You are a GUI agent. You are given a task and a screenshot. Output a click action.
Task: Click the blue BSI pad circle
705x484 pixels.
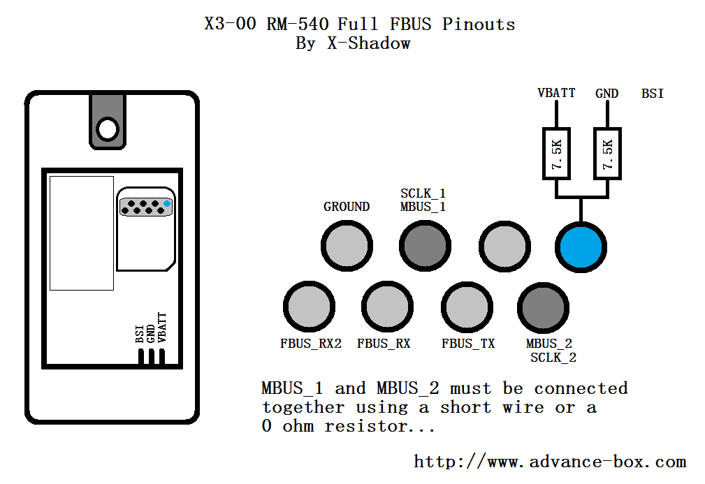click(581, 247)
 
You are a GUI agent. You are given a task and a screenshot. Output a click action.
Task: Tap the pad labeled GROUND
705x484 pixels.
click(347, 246)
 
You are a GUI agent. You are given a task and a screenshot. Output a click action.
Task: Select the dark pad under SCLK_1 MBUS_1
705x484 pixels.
click(425, 246)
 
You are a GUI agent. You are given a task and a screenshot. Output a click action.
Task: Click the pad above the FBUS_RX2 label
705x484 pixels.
click(309, 307)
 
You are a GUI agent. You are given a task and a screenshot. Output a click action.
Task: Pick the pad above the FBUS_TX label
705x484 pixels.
click(467, 307)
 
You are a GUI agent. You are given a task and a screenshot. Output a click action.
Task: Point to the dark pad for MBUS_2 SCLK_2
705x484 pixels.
click(543, 308)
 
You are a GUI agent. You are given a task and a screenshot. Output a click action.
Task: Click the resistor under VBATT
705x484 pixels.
click(557, 153)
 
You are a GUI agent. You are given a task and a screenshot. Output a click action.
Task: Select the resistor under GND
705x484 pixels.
click(607, 153)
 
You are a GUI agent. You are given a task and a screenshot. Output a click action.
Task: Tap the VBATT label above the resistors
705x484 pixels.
click(556, 93)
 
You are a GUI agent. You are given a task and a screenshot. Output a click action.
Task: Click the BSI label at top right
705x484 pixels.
click(653, 93)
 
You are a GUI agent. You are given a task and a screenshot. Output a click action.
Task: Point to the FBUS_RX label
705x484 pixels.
click(384, 344)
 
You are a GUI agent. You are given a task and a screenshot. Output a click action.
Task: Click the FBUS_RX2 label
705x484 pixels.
click(311, 344)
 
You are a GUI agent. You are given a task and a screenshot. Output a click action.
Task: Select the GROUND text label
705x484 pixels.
click(347, 207)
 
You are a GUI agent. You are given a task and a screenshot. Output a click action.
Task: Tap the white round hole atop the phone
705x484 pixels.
click(108, 129)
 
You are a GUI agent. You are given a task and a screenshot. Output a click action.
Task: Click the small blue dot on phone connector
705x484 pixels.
click(167, 203)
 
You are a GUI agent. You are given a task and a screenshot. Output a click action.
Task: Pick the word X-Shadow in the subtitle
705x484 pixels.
click(369, 43)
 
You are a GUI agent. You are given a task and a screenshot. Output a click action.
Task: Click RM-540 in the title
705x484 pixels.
click(298, 23)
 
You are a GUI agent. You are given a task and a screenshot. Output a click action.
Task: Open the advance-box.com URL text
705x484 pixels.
click(550, 462)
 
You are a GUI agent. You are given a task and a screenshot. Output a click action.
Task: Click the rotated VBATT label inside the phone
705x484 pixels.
click(162, 328)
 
